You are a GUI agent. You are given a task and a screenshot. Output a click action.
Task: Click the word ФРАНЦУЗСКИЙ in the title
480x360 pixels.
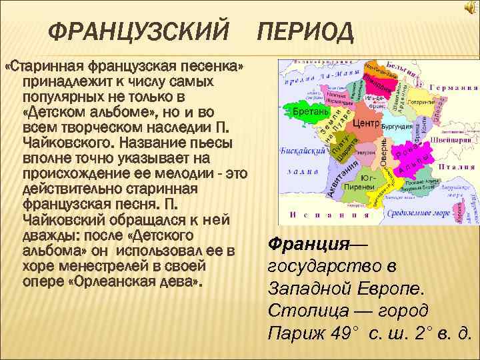(139, 29)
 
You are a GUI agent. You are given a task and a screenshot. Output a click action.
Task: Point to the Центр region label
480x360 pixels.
(366, 124)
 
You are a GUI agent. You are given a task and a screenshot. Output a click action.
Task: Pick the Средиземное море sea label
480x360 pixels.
(421, 211)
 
